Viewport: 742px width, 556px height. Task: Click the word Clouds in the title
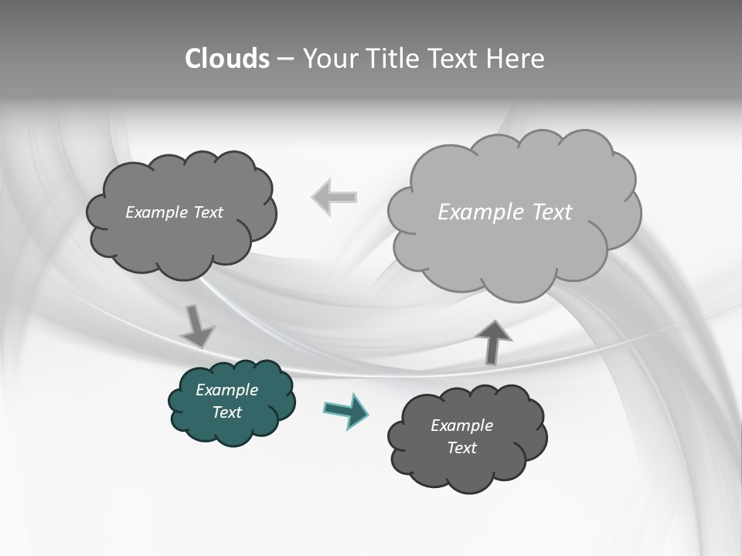(x=227, y=59)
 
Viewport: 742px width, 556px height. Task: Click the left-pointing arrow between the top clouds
(x=335, y=197)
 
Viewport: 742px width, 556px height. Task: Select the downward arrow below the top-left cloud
(x=197, y=325)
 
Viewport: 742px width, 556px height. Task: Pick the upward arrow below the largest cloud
(x=493, y=341)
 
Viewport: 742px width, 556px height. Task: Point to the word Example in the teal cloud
(x=226, y=390)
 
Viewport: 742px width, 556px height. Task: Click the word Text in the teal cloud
(x=227, y=412)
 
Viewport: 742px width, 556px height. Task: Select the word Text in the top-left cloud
(x=207, y=212)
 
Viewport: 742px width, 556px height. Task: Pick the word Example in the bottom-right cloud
(x=461, y=425)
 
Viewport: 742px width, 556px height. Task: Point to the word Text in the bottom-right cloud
(x=462, y=448)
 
